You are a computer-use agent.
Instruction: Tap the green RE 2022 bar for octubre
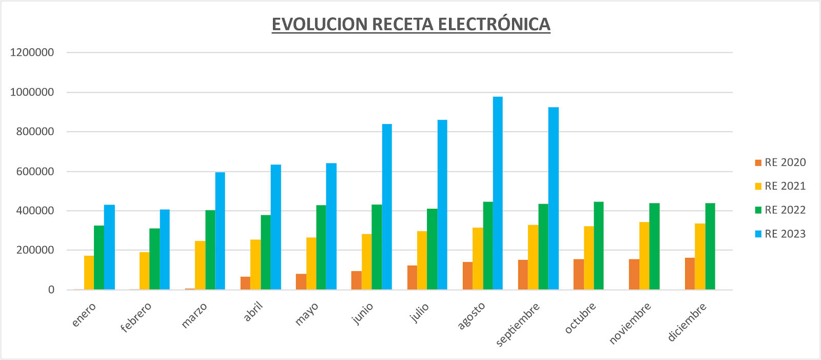click(x=598, y=246)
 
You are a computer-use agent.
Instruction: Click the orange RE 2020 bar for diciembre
click(x=690, y=274)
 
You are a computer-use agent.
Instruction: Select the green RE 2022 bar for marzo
click(x=210, y=250)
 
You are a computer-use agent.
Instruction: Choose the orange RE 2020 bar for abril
click(x=245, y=284)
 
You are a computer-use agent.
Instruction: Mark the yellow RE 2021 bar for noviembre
click(x=644, y=256)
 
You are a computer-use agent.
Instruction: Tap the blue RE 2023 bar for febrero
click(x=165, y=250)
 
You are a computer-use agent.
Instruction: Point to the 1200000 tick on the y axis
click(x=32, y=52)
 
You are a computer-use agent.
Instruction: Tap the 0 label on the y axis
click(x=51, y=290)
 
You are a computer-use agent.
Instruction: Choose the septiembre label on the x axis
click(x=518, y=325)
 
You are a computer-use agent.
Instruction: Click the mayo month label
click(x=307, y=314)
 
